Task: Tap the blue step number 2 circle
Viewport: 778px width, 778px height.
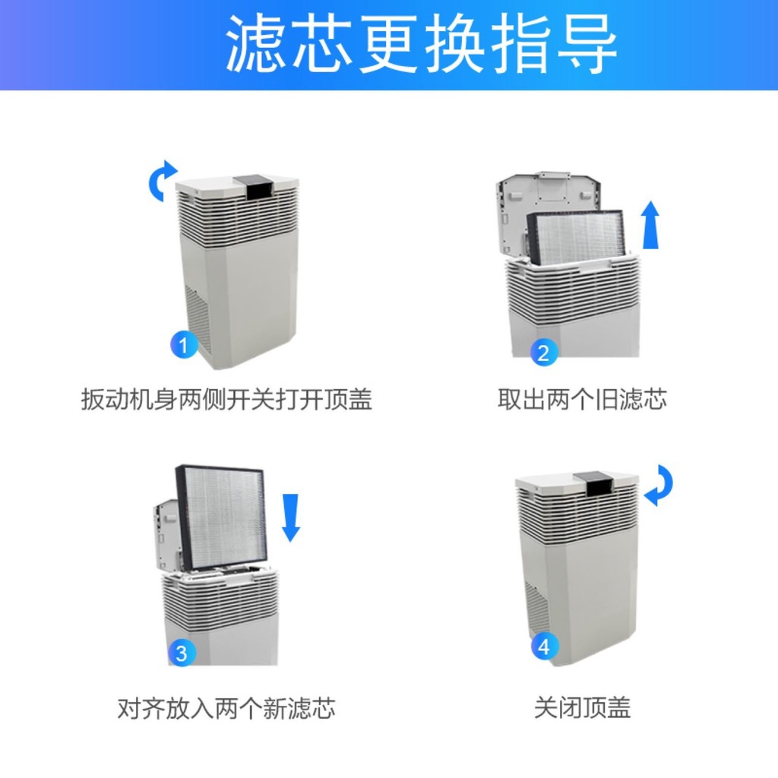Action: coord(543,353)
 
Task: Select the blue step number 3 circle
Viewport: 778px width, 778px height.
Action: coord(182,652)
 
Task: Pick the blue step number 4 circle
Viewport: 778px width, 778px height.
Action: coord(543,647)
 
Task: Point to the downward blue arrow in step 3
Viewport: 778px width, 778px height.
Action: coord(291,517)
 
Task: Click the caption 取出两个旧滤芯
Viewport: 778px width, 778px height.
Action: coord(582,399)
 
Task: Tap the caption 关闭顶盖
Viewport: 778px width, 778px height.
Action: coord(582,708)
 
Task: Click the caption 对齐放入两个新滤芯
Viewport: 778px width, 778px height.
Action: coord(226,708)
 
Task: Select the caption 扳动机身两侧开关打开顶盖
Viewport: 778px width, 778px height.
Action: coord(226,399)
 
